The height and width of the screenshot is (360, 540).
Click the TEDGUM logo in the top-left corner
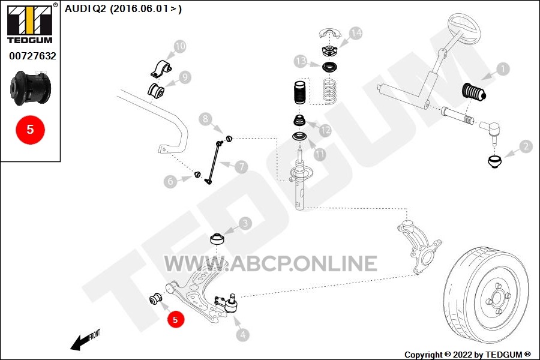tap(30, 23)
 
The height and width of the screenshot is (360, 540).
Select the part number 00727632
tap(33, 56)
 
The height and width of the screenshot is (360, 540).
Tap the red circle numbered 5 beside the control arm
tap(175, 320)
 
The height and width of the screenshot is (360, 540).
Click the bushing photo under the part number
tap(31, 88)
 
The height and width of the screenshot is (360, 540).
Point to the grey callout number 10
tap(180, 46)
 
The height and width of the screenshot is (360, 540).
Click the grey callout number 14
tap(356, 33)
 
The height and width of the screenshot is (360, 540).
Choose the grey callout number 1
tap(503, 69)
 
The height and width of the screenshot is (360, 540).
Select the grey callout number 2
tap(526, 146)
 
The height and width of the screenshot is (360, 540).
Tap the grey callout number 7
tap(241, 167)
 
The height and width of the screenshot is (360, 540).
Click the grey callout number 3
tap(245, 223)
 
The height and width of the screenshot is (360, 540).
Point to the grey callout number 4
tap(243, 335)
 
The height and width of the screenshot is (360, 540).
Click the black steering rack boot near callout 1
tap(473, 92)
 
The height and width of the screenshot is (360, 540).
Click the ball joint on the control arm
tap(228, 303)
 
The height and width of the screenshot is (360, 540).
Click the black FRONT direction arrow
tap(82, 342)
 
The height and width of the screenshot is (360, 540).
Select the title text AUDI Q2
tap(85, 8)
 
